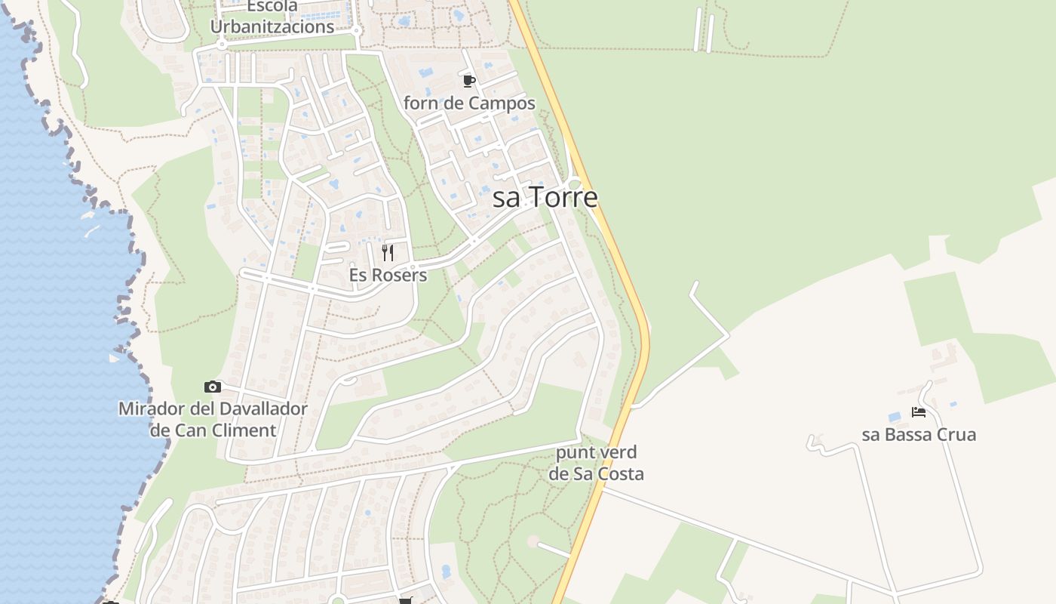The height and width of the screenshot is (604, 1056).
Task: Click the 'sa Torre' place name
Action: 545,197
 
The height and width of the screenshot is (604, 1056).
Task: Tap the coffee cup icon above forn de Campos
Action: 468,81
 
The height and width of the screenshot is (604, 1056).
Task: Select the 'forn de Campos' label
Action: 469,103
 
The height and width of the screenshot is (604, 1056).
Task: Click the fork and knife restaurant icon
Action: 388,252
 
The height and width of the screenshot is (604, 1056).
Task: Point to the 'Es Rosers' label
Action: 388,276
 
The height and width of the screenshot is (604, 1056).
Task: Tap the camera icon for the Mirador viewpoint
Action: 213,387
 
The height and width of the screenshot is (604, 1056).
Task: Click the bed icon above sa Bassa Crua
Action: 918,412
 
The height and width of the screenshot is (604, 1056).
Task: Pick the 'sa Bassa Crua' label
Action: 919,435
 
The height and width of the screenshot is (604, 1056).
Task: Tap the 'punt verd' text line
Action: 596,453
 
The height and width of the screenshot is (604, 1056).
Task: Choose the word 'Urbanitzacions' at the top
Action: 272,27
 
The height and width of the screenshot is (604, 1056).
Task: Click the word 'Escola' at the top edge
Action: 272,7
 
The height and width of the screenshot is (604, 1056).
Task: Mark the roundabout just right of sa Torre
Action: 576,184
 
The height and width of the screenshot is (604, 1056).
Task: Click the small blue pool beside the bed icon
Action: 895,417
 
